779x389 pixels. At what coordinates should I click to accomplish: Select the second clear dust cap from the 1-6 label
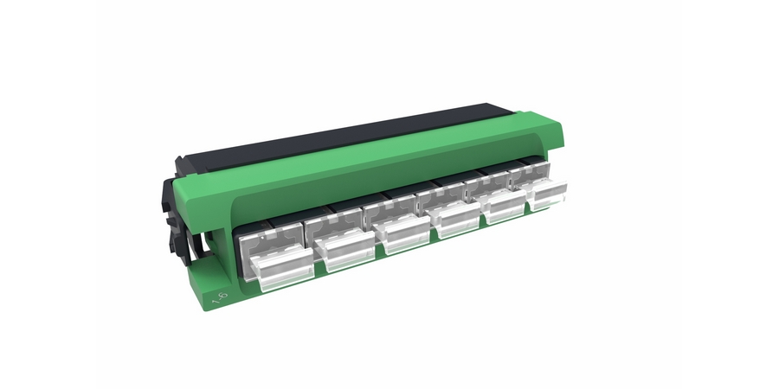pos(344,249)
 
